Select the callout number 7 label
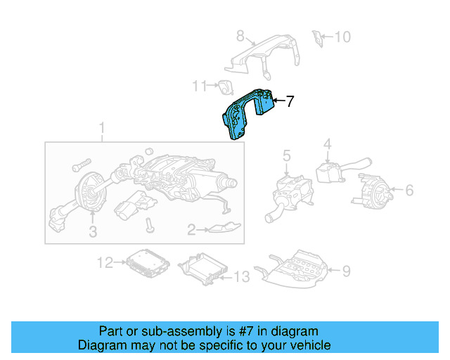coord(290,102)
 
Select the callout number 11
coord(200,86)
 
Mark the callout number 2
coord(191,229)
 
